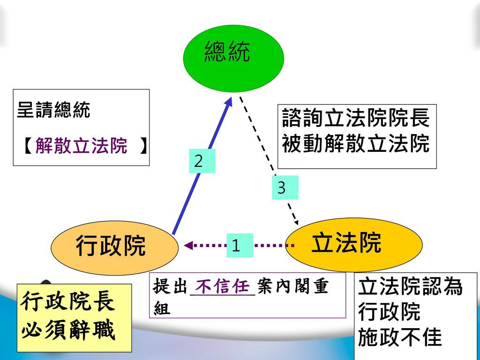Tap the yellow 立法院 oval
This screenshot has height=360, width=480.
[354, 244]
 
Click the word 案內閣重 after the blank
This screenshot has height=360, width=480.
[292, 286]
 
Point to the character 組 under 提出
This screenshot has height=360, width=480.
[161, 308]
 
